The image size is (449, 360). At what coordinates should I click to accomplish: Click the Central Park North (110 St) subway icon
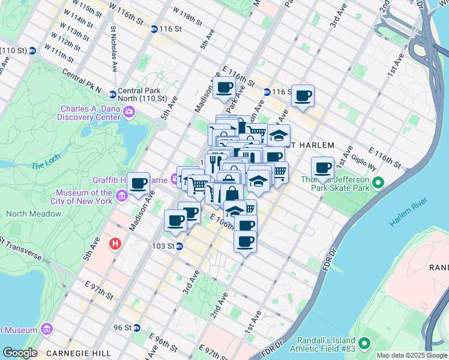click(112, 94)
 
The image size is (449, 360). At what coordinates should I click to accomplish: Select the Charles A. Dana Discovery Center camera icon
click(128, 112)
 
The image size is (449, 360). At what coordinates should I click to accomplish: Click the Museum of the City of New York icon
click(122, 196)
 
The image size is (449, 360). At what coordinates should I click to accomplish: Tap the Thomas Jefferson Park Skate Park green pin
click(378, 182)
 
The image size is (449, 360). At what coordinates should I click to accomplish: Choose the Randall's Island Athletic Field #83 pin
click(364, 343)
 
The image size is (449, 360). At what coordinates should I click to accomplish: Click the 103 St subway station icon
click(179, 246)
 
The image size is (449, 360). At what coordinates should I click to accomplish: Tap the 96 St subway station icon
click(136, 328)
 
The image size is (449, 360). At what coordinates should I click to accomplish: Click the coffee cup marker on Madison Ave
click(139, 183)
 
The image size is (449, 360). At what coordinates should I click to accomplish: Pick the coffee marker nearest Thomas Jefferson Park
click(322, 167)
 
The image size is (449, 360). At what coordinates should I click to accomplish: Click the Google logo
click(20, 353)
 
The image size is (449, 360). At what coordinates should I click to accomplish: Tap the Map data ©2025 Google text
click(411, 355)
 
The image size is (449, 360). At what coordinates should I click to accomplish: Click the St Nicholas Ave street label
click(113, 49)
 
